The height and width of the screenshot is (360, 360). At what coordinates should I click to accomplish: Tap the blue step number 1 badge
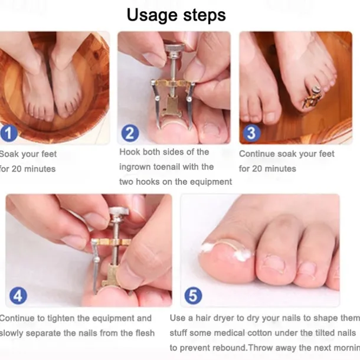[8, 132]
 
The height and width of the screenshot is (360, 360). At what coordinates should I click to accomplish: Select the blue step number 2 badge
[130, 133]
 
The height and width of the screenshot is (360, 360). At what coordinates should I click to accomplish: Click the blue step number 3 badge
[251, 132]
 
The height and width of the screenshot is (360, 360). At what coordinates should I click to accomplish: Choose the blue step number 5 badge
[193, 296]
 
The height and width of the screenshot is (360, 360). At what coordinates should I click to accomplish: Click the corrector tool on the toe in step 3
[312, 97]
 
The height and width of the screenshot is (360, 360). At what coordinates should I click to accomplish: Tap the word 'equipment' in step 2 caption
[211, 182]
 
